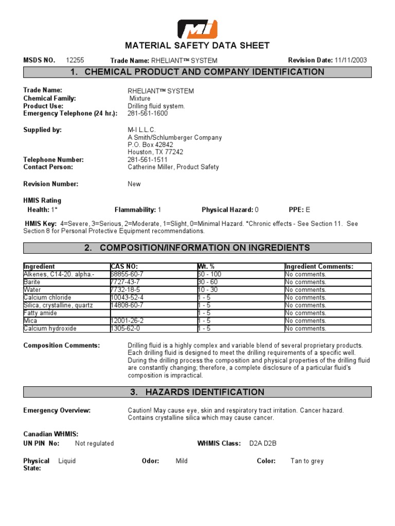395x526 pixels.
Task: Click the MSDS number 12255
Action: (x=76, y=60)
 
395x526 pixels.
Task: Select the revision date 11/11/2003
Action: (x=351, y=60)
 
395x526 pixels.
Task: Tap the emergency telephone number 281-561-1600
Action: (x=148, y=114)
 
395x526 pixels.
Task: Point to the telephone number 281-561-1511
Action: (x=148, y=160)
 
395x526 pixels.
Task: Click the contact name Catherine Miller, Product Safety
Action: (x=173, y=167)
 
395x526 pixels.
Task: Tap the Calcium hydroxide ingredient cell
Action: (x=50, y=328)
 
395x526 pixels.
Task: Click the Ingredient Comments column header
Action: (x=319, y=267)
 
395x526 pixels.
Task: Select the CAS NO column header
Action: (x=124, y=267)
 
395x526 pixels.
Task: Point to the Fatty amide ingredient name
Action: (x=40, y=313)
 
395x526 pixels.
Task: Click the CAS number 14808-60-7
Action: (x=127, y=305)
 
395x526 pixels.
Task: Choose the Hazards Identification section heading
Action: (x=197, y=392)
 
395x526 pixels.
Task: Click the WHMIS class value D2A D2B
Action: (x=263, y=443)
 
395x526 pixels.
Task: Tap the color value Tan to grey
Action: (x=307, y=461)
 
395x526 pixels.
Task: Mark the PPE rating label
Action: (x=296, y=210)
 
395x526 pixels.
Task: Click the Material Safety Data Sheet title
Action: (x=197, y=46)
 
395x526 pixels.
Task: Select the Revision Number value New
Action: (x=134, y=184)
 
